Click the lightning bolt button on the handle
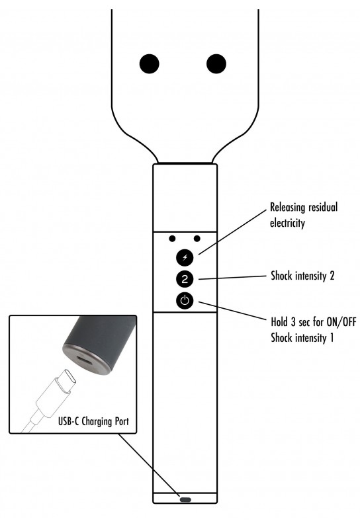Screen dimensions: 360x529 point(185,258)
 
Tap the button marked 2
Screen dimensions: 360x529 point(185,279)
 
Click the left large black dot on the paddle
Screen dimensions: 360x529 point(150,63)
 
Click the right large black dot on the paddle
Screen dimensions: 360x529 point(216,63)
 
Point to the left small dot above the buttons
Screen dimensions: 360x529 point(172,239)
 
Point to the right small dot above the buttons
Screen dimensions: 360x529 point(197,239)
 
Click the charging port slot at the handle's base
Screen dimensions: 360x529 point(185,500)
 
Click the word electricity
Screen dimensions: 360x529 point(287,223)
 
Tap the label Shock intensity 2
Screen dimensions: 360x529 point(302,276)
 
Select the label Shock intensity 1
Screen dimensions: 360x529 point(302,338)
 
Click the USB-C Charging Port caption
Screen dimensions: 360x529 point(93,421)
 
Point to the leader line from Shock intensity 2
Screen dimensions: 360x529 point(233,277)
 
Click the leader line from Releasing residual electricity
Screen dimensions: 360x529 point(233,232)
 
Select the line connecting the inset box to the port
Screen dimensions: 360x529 point(149,465)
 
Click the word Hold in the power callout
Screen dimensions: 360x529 point(279,322)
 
